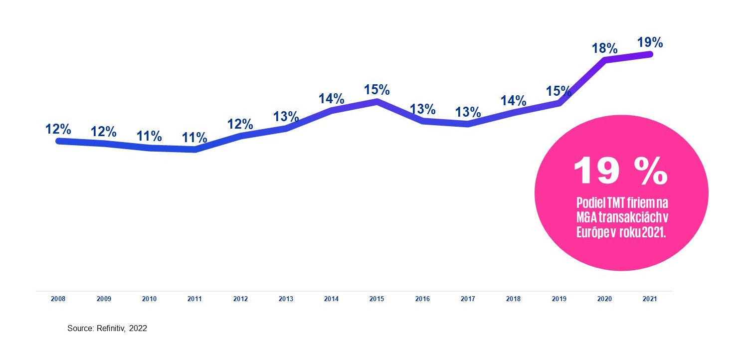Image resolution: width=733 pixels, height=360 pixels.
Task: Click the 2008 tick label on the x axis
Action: (58, 299)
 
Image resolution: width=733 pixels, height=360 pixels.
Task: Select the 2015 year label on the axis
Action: (376, 299)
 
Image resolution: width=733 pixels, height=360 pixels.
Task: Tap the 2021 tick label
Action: (650, 299)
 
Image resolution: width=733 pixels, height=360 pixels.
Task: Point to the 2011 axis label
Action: (194, 299)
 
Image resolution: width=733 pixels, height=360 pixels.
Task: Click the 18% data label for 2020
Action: (604, 48)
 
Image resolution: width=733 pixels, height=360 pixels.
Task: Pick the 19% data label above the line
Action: (650, 42)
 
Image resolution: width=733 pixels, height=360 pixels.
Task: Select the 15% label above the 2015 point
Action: (376, 90)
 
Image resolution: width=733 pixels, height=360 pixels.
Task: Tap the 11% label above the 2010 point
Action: (149, 136)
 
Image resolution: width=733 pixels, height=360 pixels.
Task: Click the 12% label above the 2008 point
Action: (58, 129)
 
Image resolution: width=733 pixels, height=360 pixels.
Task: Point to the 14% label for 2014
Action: (331, 99)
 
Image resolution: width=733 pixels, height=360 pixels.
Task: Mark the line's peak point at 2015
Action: (377, 101)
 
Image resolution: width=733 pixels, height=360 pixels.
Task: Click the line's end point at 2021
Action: (650, 54)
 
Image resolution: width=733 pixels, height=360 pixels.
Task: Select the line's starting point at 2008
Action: (59, 141)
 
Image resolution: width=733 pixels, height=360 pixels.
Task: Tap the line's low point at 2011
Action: (195, 150)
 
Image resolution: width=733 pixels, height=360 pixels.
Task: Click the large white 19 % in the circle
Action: (621, 171)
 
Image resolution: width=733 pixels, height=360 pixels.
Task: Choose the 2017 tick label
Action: (468, 299)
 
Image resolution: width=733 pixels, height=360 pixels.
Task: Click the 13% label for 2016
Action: (422, 109)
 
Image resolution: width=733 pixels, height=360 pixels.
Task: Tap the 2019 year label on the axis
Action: (558, 299)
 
